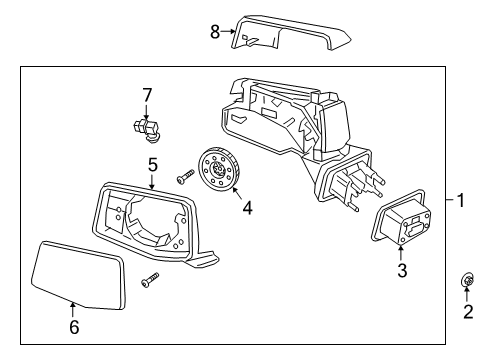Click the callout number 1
460,200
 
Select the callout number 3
402,270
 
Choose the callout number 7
146,95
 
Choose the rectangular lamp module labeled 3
403,224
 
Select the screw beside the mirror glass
150,279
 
